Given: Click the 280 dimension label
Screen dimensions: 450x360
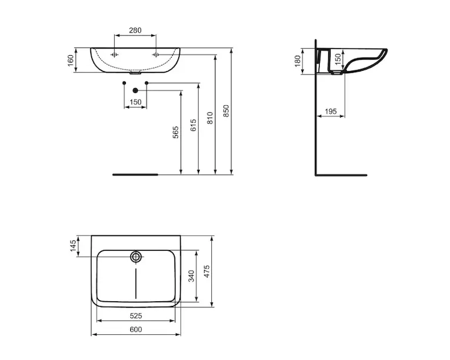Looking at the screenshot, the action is [x=135, y=30].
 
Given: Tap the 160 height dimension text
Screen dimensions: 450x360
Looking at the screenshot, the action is [x=71, y=60].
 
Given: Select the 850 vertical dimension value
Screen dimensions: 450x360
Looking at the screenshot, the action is [x=226, y=111].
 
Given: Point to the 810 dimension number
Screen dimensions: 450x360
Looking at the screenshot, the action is [x=210, y=118].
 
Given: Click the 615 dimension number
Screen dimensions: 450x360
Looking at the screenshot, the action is [x=193, y=125].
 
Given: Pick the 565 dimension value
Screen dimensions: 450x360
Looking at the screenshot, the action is [x=176, y=132].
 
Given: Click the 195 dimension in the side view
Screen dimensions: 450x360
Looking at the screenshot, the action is [x=331, y=112].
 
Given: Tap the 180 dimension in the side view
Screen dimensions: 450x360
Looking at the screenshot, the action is [x=298, y=61].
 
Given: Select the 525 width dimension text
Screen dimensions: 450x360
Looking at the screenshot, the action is [x=136, y=316].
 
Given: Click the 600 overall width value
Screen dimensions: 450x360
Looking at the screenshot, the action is [x=136, y=329].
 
